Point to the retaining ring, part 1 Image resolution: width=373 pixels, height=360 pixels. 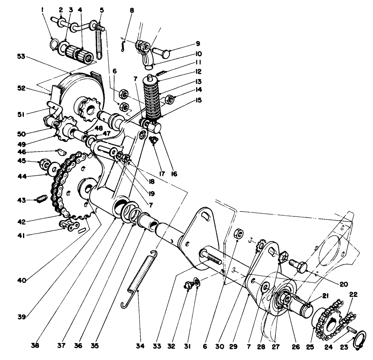(54, 43)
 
